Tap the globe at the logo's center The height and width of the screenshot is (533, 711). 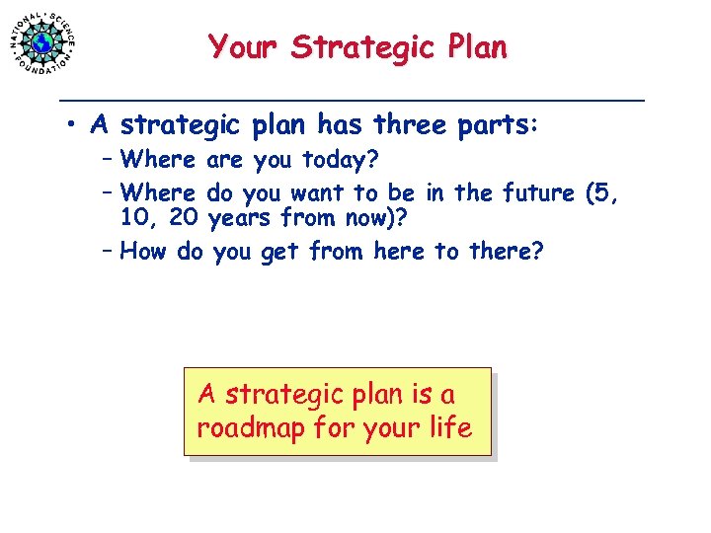[x=42, y=43]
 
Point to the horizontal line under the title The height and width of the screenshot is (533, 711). [x=352, y=100]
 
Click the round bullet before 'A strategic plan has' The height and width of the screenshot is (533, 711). [x=73, y=127]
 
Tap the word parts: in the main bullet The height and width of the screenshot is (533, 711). [x=499, y=127]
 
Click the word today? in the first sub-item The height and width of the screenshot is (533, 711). [x=345, y=159]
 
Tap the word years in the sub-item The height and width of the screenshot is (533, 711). [x=242, y=217]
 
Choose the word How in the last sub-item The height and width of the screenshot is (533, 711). [x=145, y=252]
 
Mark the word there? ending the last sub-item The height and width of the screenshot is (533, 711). [x=506, y=252]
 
